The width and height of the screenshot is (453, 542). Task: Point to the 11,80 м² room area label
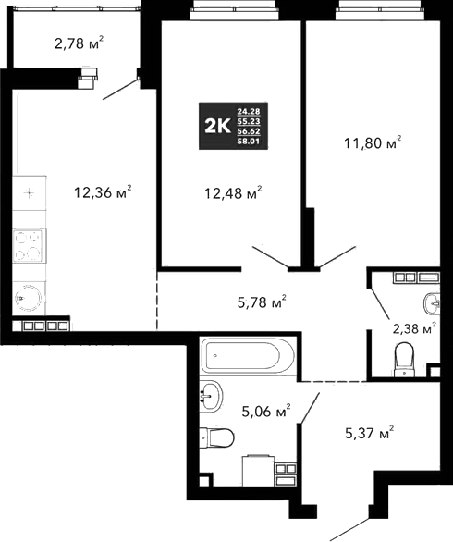(370, 142)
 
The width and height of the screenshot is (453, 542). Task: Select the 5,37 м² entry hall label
(366, 433)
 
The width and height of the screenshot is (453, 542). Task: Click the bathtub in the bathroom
(247, 354)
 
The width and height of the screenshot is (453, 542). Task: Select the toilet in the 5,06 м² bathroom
(218, 437)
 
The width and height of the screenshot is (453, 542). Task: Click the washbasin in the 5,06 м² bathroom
(213, 397)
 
